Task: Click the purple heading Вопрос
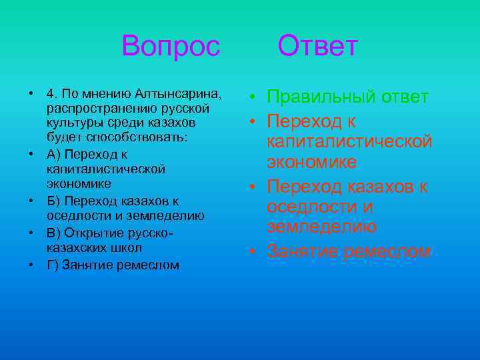click(171, 46)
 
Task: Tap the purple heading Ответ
click(318, 46)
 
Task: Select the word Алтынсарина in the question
click(178, 91)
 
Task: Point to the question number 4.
click(51, 91)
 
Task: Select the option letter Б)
click(54, 201)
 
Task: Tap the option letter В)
click(54, 233)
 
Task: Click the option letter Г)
click(53, 265)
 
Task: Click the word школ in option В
click(127, 248)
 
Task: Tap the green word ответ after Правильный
click(405, 97)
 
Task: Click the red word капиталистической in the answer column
click(349, 141)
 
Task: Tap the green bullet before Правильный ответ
click(253, 98)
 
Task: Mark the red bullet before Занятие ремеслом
click(253, 251)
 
